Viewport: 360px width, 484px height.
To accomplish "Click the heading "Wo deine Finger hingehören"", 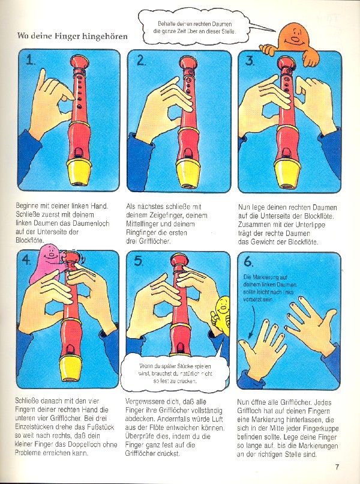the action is point(72,36).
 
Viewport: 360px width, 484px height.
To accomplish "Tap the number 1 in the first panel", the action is point(30,59).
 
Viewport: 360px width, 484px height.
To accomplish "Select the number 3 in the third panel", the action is point(250,60).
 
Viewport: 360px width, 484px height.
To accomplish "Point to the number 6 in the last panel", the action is point(248,261).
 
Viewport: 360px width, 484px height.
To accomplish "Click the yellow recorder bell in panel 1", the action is point(79,172).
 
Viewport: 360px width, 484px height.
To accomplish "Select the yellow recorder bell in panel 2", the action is point(188,174).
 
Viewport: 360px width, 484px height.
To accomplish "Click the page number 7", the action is point(337,467).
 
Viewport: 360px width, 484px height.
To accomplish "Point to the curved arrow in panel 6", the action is point(253,321).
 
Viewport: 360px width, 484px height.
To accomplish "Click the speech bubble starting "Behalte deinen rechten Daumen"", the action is point(194,28).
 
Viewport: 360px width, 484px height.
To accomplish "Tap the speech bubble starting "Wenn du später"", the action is point(175,374).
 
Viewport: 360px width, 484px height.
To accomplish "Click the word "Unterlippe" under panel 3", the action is point(310,225).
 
